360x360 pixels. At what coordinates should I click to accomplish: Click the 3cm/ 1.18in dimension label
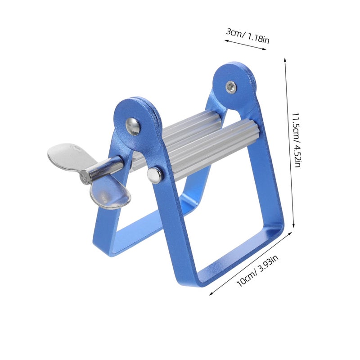click(247, 36)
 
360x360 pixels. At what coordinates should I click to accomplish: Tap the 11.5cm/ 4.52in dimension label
click(296, 140)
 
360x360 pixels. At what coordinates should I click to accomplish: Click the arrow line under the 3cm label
click(245, 45)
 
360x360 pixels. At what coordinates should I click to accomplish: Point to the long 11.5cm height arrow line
click(289, 142)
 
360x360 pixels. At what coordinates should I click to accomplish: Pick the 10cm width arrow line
click(251, 264)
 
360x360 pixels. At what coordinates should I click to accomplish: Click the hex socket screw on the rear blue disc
click(230, 87)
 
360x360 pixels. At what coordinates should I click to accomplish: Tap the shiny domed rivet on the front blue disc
click(132, 126)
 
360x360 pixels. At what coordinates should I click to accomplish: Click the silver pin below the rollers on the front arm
click(154, 175)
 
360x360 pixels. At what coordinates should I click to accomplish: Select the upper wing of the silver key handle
click(67, 157)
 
